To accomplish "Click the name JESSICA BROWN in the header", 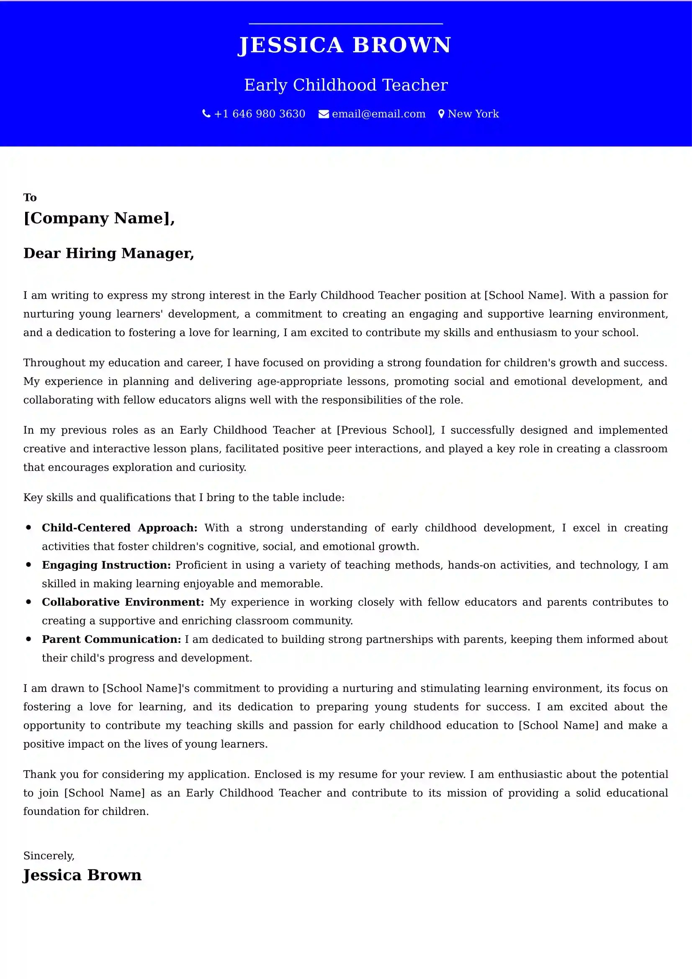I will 345,45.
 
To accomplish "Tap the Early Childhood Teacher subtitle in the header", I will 346,85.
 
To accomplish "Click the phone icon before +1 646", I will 206,114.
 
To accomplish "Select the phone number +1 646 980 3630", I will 260,114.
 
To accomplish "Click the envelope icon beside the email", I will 324,114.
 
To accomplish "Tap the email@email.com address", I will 378,114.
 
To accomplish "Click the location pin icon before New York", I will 441,114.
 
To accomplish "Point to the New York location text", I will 473,114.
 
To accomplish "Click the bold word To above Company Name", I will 30,198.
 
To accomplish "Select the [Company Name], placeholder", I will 99,218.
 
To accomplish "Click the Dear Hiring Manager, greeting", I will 109,253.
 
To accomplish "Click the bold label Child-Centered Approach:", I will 119,528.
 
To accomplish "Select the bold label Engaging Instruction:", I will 106,565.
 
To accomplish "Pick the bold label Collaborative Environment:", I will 123,602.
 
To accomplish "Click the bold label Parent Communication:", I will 111,639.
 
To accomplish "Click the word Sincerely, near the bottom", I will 49,856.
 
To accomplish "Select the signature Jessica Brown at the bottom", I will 82,875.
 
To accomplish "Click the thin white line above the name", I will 346,24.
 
